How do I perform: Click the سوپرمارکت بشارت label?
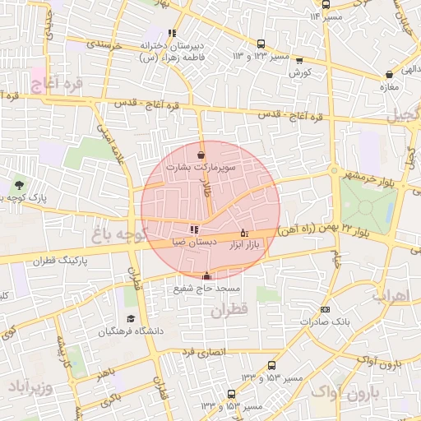point(201,166)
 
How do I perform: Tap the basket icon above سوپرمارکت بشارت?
point(201,154)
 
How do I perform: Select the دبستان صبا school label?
point(195,243)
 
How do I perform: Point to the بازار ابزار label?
point(243,244)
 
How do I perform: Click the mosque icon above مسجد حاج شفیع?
point(206,276)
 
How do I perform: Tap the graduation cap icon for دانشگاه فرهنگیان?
point(131,318)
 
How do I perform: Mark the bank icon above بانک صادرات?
point(326,309)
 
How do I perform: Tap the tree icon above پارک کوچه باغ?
point(16,187)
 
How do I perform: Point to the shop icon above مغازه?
point(388,74)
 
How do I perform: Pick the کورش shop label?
point(298,72)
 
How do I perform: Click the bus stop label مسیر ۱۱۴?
point(327,16)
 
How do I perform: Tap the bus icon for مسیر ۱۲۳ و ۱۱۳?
point(261,44)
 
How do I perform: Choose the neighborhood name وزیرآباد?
point(30,386)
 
